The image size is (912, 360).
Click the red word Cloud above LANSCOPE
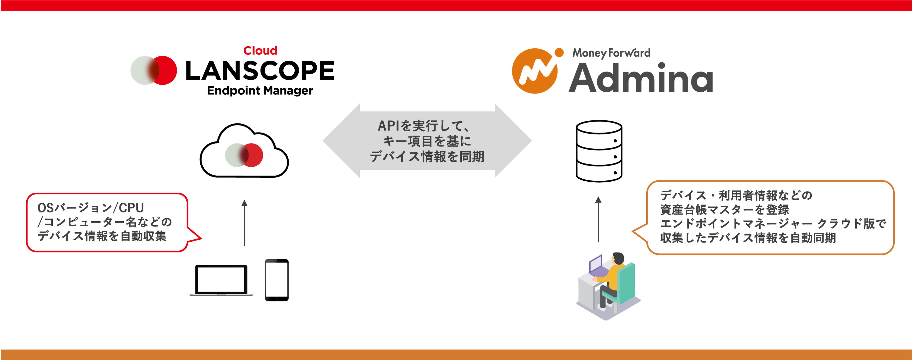point(260,51)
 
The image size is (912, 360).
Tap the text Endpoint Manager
point(260,91)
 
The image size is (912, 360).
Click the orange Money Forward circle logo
point(535,71)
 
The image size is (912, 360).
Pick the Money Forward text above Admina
point(612,53)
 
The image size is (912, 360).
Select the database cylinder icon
point(599,151)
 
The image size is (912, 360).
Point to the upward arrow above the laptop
point(244,223)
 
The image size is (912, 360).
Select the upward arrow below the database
point(598,220)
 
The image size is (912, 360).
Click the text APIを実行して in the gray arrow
point(423,126)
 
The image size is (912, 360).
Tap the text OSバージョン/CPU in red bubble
point(91,208)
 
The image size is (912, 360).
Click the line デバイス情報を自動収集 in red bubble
point(102,236)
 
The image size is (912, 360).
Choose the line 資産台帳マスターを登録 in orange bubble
point(725,209)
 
